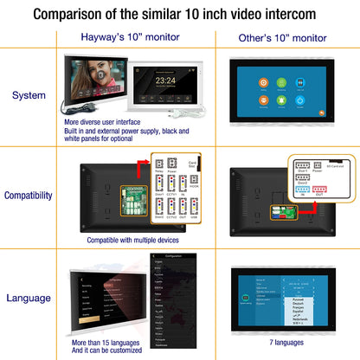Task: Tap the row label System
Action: point(29,95)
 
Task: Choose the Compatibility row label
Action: point(29,196)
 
